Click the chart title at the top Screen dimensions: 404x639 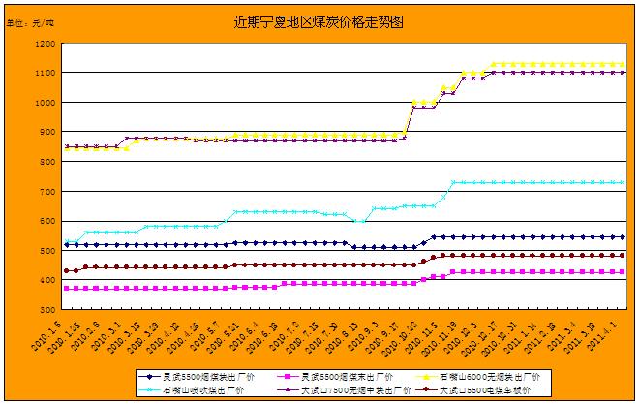pyautogui.click(x=319, y=19)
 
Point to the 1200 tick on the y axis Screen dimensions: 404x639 pyautogui.click(x=45, y=44)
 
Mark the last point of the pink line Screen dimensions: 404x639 pyautogui.click(x=621, y=272)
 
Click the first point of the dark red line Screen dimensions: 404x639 pyautogui.click(x=66, y=270)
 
